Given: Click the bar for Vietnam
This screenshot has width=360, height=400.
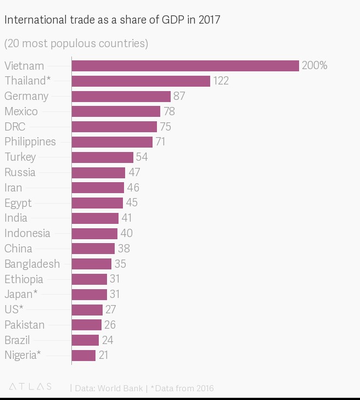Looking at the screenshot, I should (x=185, y=66).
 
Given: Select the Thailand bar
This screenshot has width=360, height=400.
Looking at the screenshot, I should (x=140, y=81).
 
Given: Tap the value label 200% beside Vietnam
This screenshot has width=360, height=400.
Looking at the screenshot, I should (x=314, y=66).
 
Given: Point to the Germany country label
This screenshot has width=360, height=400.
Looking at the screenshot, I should (x=26, y=96).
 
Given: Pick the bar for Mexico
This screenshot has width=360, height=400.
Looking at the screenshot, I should (x=116, y=111).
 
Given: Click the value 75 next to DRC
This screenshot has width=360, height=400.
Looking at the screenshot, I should (x=166, y=127).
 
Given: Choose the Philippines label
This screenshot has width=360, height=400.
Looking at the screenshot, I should (x=30, y=142).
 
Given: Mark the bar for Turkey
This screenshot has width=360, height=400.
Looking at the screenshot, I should (x=102, y=157).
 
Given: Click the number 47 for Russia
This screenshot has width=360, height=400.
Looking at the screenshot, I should (x=134, y=172).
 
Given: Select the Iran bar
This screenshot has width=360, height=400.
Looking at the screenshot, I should (x=98, y=188).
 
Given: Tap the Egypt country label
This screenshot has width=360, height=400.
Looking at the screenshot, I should (x=18, y=203).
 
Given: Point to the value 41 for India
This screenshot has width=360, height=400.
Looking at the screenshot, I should (x=127, y=218).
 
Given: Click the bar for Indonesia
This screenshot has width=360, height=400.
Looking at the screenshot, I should (x=94, y=233).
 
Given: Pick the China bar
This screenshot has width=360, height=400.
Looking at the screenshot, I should (x=93, y=249).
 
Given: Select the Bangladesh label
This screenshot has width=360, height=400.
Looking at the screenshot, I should (x=32, y=264).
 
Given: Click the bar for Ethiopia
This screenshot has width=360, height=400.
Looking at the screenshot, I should (x=89, y=279).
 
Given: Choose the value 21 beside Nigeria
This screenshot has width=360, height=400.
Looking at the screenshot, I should (x=103, y=355).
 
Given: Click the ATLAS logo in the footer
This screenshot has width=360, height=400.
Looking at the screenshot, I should (x=31, y=387).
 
